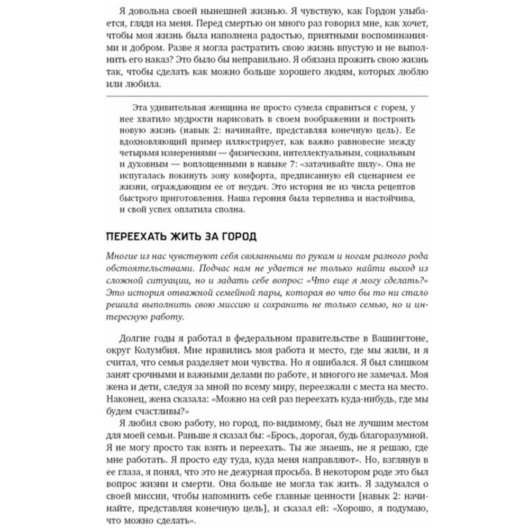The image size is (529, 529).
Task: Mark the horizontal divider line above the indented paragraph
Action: [264, 96]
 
